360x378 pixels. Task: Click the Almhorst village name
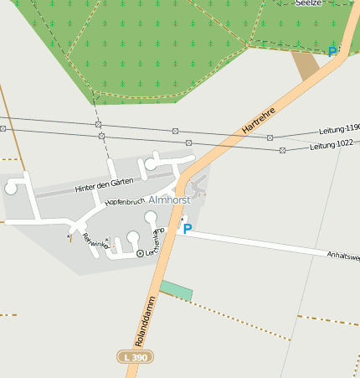[170, 200]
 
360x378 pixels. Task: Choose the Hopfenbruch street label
[126, 200]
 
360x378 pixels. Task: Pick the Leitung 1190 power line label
[339, 129]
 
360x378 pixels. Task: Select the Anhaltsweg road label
[343, 256]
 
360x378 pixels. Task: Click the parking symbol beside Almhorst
[188, 228]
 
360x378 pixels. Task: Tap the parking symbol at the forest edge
[332, 52]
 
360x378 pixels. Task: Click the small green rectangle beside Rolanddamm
[176, 290]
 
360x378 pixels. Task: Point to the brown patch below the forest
[307, 65]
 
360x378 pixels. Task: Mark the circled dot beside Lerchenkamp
[139, 252]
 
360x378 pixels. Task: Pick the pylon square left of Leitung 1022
[282, 150]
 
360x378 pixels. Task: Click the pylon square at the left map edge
[3, 128]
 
